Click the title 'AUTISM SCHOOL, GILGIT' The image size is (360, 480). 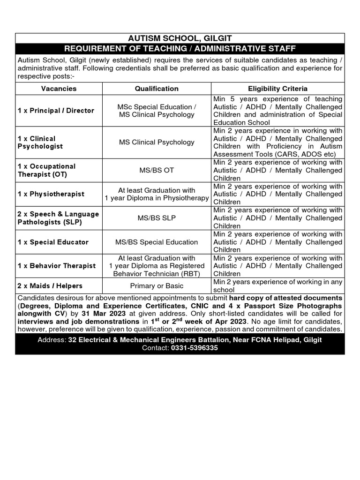tap(180, 38)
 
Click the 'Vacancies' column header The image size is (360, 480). tap(59, 88)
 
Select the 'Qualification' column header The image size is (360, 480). tap(157, 88)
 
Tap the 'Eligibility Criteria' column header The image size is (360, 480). tap(277, 88)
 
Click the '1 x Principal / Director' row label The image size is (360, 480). tap(56, 111)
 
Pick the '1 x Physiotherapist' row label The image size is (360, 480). tap(51, 194)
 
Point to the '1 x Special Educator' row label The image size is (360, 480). tap(53, 242)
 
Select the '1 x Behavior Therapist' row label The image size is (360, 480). tap(56, 266)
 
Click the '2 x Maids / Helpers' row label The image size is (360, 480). tap(50, 286)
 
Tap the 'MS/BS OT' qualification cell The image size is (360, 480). tap(157, 170)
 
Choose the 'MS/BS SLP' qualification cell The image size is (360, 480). tap(157, 218)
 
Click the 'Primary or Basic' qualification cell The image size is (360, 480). tap(157, 286)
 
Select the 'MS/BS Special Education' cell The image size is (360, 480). tap(157, 242)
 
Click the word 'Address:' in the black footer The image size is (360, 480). tap(52, 340)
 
